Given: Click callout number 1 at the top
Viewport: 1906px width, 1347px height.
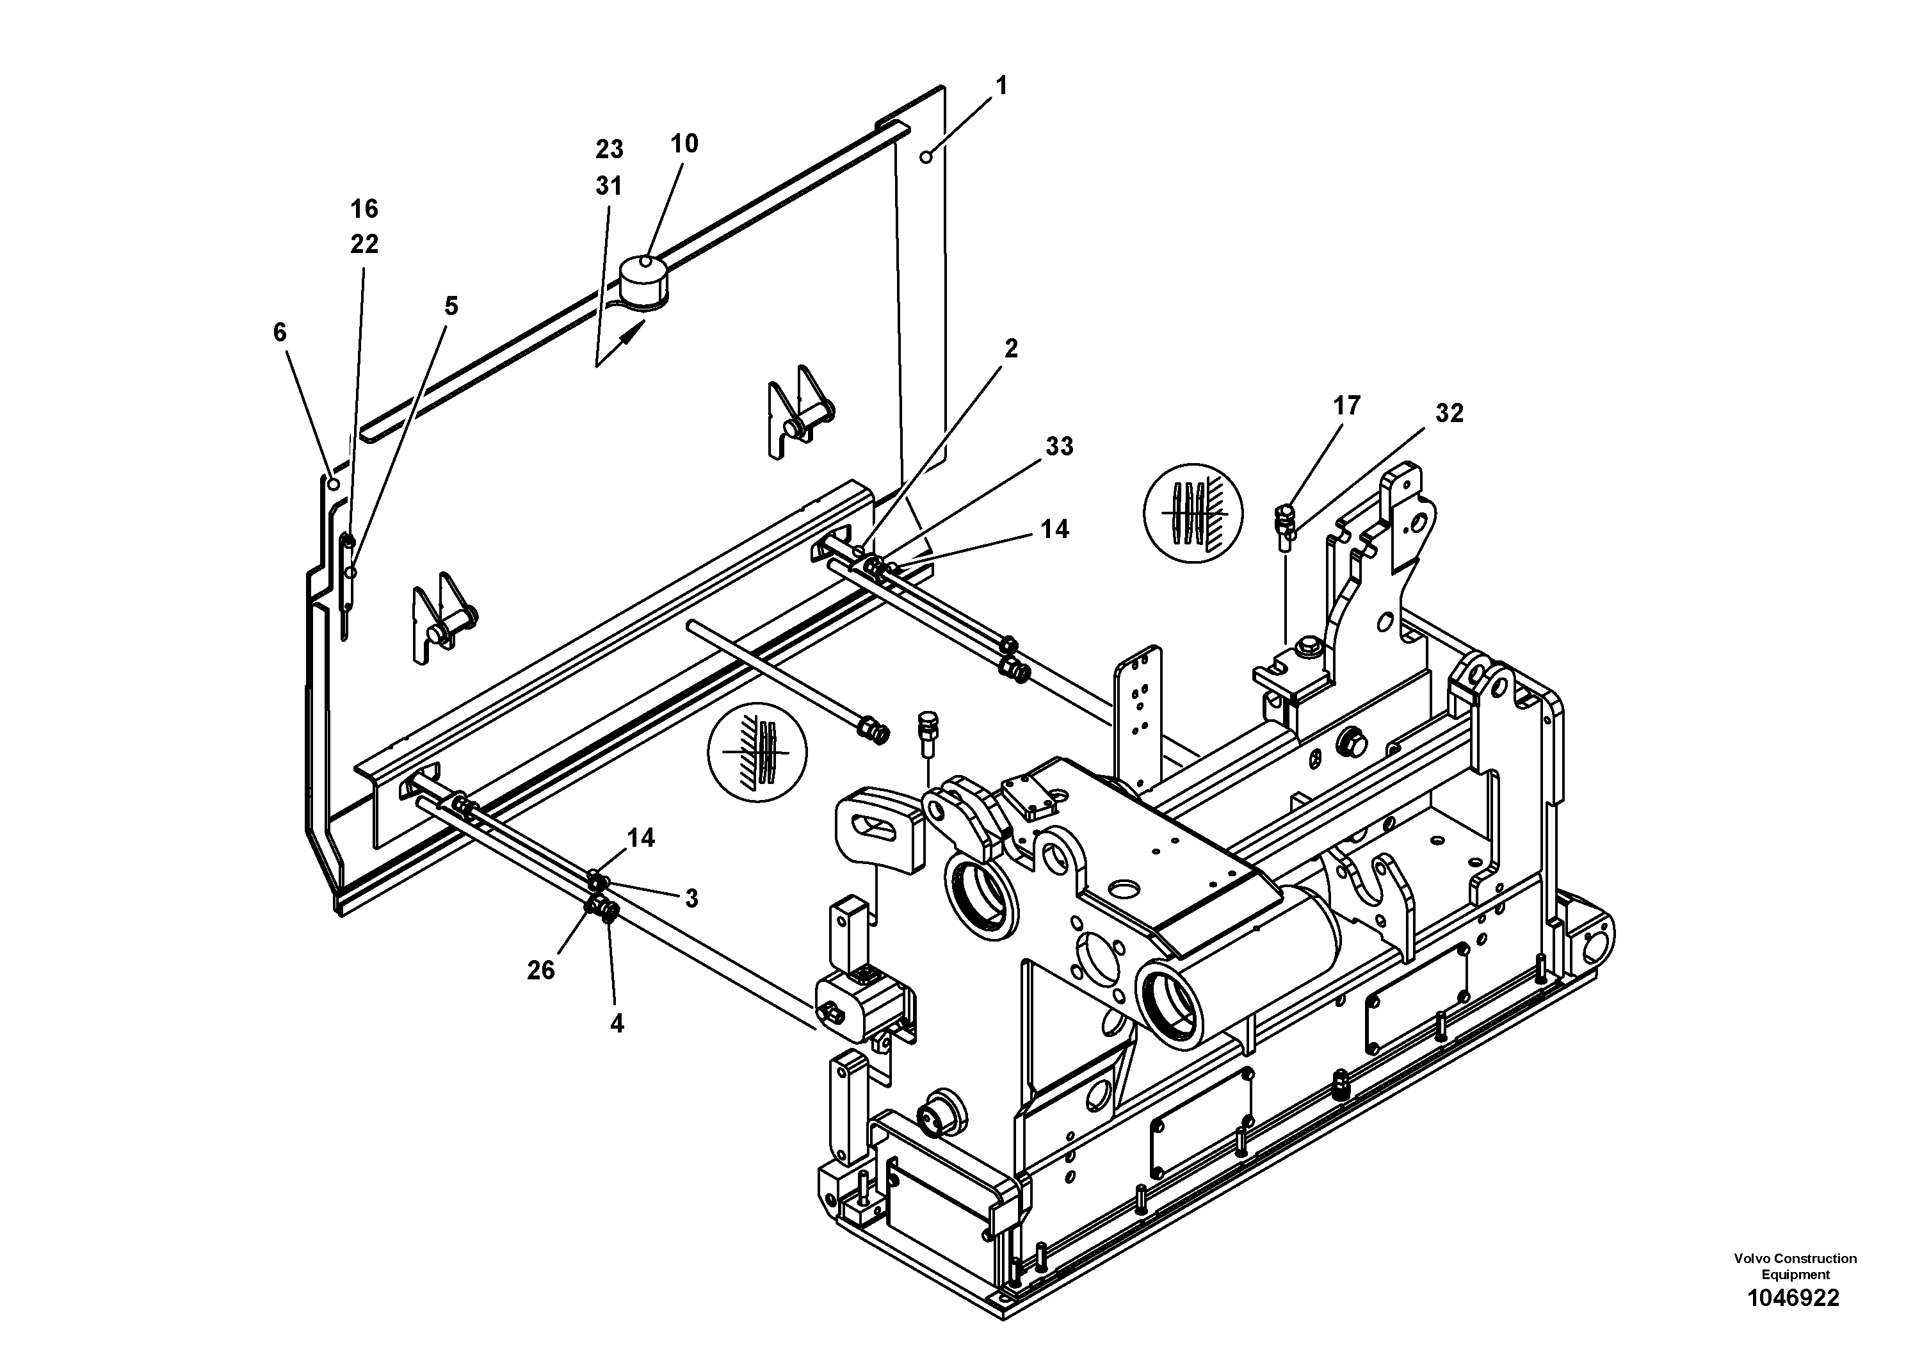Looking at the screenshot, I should click(x=1001, y=86).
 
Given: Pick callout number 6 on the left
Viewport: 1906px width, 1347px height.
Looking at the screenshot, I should click(x=280, y=332).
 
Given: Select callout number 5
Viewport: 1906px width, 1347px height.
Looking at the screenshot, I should click(x=451, y=306).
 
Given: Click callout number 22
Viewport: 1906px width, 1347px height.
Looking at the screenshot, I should click(x=364, y=244).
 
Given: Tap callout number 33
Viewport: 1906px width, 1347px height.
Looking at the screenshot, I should click(x=1058, y=447).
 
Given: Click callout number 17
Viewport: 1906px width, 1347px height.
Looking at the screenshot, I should click(x=1346, y=405).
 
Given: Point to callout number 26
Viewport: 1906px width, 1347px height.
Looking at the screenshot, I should click(x=540, y=970).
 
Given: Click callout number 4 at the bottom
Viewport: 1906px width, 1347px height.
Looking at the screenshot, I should click(x=616, y=1024).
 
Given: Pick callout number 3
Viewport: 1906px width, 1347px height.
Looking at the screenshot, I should click(x=691, y=898).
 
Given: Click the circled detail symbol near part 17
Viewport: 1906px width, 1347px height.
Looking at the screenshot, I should click(x=1193, y=513).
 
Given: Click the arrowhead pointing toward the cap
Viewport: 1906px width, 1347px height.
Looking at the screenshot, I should click(x=633, y=332).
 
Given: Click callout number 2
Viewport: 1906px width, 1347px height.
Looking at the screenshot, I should click(x=1010, y=349).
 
